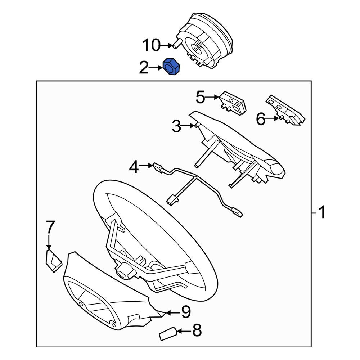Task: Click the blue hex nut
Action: coord(171,66)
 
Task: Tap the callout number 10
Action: coord(151,45)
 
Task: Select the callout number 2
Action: coord(144,68)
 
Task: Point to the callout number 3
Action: coord(176,126)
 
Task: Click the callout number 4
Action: coord(134,167)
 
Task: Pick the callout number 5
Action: coord(200,97)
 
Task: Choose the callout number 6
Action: coord(261,119)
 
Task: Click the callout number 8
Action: coord(197,330)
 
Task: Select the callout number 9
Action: coord(186,312)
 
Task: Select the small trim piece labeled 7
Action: coord(54,261)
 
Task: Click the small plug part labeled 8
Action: coord(168,334)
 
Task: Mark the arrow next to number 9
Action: coord(173,312)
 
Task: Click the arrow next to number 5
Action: coord(212,97)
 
